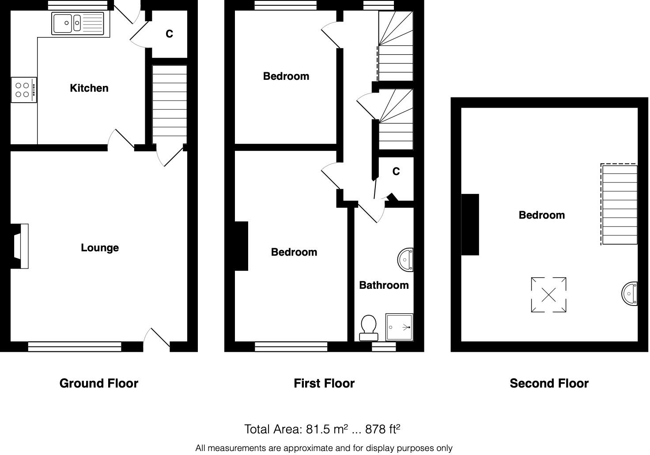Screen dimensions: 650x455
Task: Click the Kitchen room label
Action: [89, 88]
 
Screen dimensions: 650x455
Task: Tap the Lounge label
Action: [100, 248]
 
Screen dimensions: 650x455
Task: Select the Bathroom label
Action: [384, 285]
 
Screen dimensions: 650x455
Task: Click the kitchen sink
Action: [78, 23]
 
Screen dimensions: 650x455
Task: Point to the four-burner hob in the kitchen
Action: [24, 90]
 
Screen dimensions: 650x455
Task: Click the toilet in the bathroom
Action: [369, 328]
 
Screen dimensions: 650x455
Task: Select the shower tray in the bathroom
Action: [399, 327]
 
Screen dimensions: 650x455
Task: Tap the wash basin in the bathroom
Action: [406, 260]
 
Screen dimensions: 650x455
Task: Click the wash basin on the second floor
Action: [630, 294]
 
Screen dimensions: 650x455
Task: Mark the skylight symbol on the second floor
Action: [548, 295]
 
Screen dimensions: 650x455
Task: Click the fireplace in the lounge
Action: [19, 246]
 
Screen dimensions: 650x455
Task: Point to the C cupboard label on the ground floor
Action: [170, 34]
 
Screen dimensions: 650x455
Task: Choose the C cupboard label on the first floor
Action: [396, 171]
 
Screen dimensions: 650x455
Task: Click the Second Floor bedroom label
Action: [542, 215]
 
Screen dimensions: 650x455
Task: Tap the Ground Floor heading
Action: [99, 384]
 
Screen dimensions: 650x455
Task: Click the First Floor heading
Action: [324, 384]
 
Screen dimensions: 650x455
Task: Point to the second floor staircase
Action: [620, 205]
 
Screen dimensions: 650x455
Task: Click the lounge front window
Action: [75, 347]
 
